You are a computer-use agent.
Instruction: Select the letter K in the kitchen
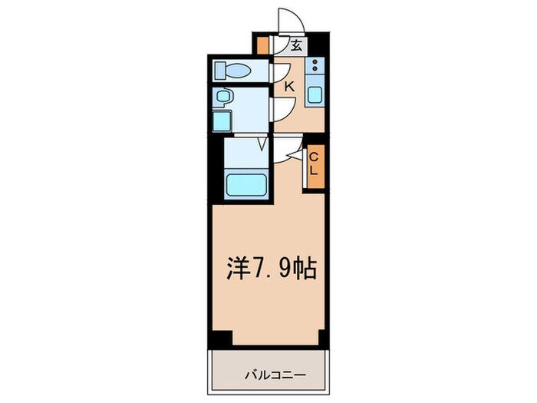coord(289,87)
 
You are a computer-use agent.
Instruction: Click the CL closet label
coord(314,164)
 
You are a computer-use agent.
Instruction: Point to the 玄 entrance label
coord(295,45)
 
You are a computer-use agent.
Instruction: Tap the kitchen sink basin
coord(316,96)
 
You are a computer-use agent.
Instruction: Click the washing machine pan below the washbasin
coord(222,122)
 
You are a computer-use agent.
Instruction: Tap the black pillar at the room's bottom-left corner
coord(220,339)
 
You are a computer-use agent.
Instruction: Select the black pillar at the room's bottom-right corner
coord(323,339)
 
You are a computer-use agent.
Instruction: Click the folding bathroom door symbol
coord(263,143)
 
